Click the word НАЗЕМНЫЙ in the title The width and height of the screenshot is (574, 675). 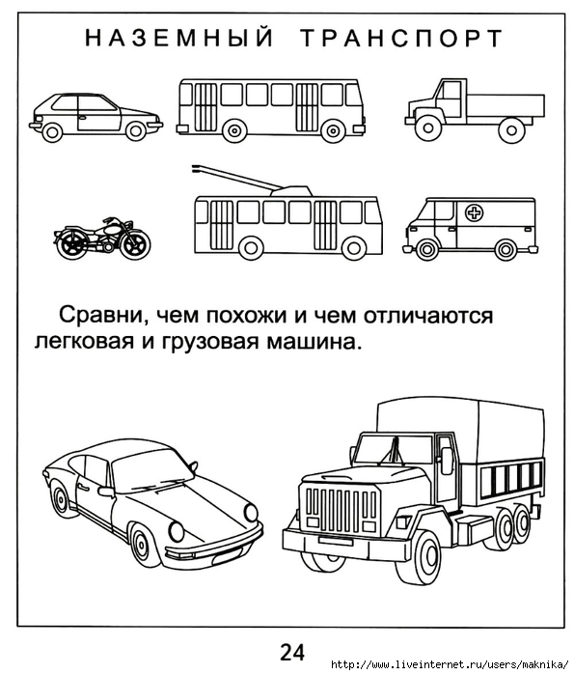178,38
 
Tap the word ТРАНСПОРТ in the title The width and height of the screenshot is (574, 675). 401,38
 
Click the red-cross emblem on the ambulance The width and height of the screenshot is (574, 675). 475,212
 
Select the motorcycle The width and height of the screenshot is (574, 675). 102,239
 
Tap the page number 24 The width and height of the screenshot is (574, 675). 292,652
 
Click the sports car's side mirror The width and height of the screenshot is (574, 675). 105,492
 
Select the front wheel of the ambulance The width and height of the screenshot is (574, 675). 426,249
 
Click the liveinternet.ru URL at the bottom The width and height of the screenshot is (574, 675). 450,663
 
